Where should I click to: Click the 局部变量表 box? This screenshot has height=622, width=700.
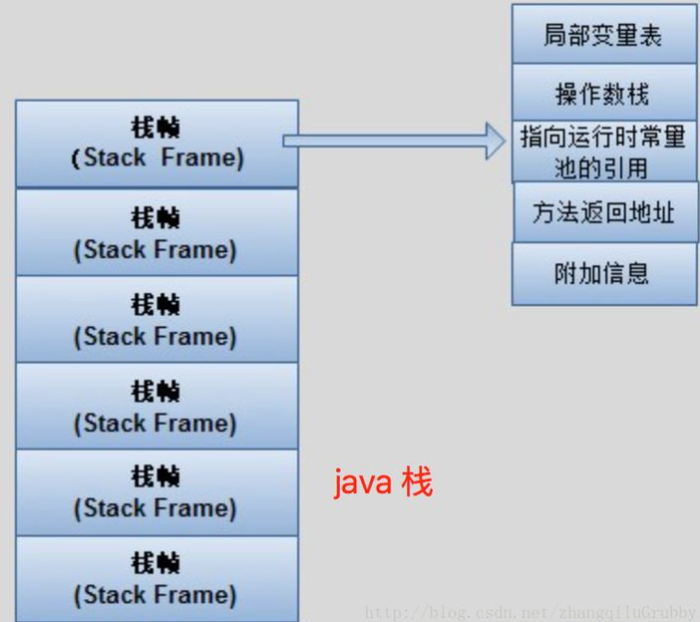603,35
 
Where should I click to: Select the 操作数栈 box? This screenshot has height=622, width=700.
603,94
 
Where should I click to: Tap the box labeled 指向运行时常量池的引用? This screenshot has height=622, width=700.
603,152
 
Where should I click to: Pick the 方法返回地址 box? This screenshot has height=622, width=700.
603,212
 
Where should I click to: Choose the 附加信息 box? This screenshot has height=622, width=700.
603,273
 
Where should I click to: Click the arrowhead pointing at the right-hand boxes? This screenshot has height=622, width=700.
495,141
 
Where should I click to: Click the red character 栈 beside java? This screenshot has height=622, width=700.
418,484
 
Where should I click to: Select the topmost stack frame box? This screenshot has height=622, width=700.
157,144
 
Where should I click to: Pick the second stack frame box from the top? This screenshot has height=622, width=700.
157,232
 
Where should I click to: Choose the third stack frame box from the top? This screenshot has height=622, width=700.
157,319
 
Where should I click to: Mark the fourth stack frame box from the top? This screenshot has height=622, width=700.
157,406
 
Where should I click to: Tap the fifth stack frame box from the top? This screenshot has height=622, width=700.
157,492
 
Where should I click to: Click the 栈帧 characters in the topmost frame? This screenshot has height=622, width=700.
157,129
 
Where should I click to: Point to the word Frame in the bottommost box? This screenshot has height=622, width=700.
197,595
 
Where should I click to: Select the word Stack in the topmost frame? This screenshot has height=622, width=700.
115,157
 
